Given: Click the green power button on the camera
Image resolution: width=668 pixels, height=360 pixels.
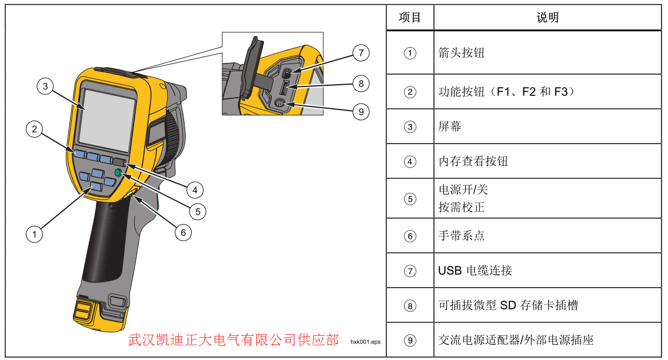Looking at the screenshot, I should coord(118,172).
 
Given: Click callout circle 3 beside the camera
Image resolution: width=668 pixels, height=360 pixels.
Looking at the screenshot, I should coord(45,86).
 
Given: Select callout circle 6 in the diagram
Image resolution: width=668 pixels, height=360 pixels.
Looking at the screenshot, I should coord(183,232).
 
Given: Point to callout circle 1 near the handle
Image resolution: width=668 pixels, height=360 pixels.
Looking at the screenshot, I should coord(34,234).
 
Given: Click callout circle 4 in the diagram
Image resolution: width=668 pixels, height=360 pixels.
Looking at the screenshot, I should coord(195,190).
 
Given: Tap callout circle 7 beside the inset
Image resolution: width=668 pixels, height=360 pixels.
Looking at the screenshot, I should coord(360,53).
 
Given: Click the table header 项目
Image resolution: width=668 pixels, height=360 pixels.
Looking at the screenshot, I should coord(410,18).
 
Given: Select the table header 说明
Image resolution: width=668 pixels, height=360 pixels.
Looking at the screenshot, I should coord(547,18).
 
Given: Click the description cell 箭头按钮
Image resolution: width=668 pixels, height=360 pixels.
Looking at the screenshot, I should coord(462,53).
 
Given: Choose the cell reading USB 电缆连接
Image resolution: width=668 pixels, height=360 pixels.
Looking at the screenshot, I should coord(475,271).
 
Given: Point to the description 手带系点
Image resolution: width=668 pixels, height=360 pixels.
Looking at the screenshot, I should coord(462,236).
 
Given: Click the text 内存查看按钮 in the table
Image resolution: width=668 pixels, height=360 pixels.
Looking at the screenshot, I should coord(473,161).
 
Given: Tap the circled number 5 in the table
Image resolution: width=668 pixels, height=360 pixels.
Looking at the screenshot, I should coord(410,199).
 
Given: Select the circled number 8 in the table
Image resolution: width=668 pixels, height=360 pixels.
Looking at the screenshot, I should coord(410,305).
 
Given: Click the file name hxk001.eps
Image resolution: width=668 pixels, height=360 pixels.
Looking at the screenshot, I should coord(365,341).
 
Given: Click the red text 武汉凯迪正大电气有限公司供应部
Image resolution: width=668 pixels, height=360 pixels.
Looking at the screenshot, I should coord(233,340).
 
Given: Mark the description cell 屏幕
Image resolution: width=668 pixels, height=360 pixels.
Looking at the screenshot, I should coord(450,126).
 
